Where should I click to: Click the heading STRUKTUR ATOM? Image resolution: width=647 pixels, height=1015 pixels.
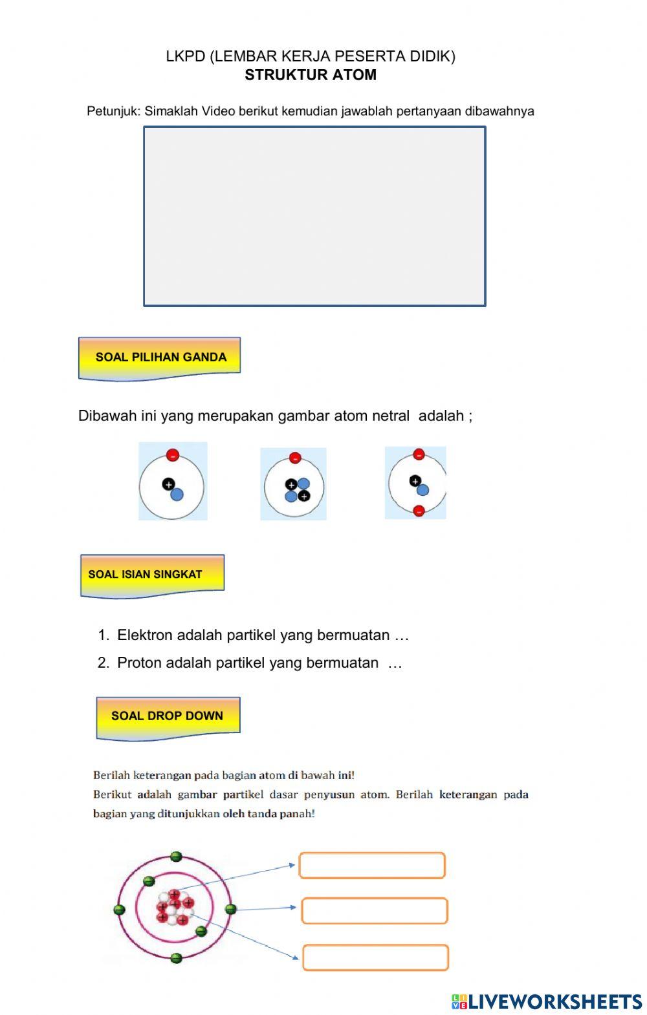click(x=311, y=75)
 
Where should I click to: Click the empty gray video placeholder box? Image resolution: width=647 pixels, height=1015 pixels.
click(x=314, y=216)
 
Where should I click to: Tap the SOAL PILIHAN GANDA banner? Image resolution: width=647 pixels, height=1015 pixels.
click(x=160, y=357)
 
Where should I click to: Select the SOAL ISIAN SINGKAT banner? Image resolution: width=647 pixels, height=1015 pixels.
click(x=151, y=574)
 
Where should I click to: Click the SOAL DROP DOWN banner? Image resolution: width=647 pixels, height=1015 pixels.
click(x=168, y=716)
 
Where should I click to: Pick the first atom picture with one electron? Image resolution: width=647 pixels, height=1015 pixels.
click(x=173, y=481)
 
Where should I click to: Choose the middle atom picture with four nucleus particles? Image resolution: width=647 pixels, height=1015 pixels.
click(x=294, y=484)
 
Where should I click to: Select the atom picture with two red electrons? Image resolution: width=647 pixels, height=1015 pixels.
click(x=415, y=482)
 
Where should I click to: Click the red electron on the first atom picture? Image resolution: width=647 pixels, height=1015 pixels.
click(x=172, y=454)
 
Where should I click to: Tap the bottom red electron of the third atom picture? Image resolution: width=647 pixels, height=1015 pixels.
click(x=419, y=510)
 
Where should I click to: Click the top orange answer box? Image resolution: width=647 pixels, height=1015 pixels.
click(x=372, y=866)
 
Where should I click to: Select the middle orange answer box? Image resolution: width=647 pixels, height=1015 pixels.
click(x=374, y=911)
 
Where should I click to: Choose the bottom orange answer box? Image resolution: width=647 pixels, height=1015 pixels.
click(x=375, y=957)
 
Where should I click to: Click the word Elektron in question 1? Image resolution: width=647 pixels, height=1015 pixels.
click(x=145, y=635)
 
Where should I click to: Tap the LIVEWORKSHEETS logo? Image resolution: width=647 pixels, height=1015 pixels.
click(x=547, y=1001)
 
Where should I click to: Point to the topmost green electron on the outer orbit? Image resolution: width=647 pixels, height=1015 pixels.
click(x=176, y=857)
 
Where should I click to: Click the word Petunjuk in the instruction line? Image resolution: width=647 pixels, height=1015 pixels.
click(x=113, y=111)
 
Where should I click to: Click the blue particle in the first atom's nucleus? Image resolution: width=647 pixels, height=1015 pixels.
click(x=177, y=495)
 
